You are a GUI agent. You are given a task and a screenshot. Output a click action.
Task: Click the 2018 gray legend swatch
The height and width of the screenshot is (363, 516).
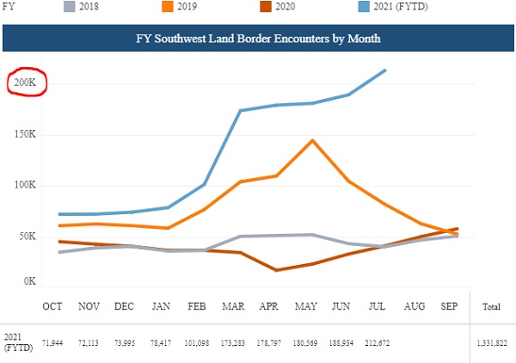(70, 6)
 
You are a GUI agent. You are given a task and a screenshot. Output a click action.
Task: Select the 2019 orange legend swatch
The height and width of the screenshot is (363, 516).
(168, 6)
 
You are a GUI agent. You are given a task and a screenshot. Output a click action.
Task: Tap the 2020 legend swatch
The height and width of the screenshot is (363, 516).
(266, 6)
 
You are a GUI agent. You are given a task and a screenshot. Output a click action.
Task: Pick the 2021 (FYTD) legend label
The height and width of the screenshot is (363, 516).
(401, 6)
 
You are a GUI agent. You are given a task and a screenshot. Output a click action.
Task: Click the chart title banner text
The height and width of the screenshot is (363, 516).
(258, 39)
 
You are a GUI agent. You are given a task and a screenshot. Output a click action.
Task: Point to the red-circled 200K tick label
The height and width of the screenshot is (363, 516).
(25, 83)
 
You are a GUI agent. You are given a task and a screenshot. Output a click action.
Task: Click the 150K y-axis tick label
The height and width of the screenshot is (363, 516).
(25, 134)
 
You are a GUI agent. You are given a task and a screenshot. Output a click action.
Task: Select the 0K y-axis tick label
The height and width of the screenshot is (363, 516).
(29, 281)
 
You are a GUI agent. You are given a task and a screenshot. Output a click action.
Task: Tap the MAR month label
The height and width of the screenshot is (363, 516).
(233, 306)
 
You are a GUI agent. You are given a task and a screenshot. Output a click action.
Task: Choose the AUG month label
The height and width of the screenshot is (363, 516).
(415, 306)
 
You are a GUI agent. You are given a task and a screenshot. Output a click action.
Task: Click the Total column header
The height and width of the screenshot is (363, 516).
(491, 307)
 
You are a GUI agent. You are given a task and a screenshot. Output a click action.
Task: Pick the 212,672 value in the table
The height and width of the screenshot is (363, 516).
(378, 343)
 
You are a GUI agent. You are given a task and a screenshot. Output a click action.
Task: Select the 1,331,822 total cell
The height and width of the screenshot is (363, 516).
(492, 343)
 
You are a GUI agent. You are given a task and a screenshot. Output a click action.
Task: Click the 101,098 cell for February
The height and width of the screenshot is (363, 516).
(197, 343)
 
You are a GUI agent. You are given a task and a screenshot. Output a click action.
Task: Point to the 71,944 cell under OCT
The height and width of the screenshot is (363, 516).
(52, 343)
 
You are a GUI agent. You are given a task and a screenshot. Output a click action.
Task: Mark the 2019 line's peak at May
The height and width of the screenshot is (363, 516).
(312, 140)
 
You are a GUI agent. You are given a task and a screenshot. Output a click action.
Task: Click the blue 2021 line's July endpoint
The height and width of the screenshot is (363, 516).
(384, 71)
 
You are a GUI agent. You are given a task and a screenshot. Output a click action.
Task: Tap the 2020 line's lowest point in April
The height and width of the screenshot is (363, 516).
(276, 270)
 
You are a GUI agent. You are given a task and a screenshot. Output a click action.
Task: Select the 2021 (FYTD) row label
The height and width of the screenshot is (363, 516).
(18, 342)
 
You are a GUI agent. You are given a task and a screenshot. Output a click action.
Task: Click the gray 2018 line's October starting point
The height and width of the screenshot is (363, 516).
(60, 252)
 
